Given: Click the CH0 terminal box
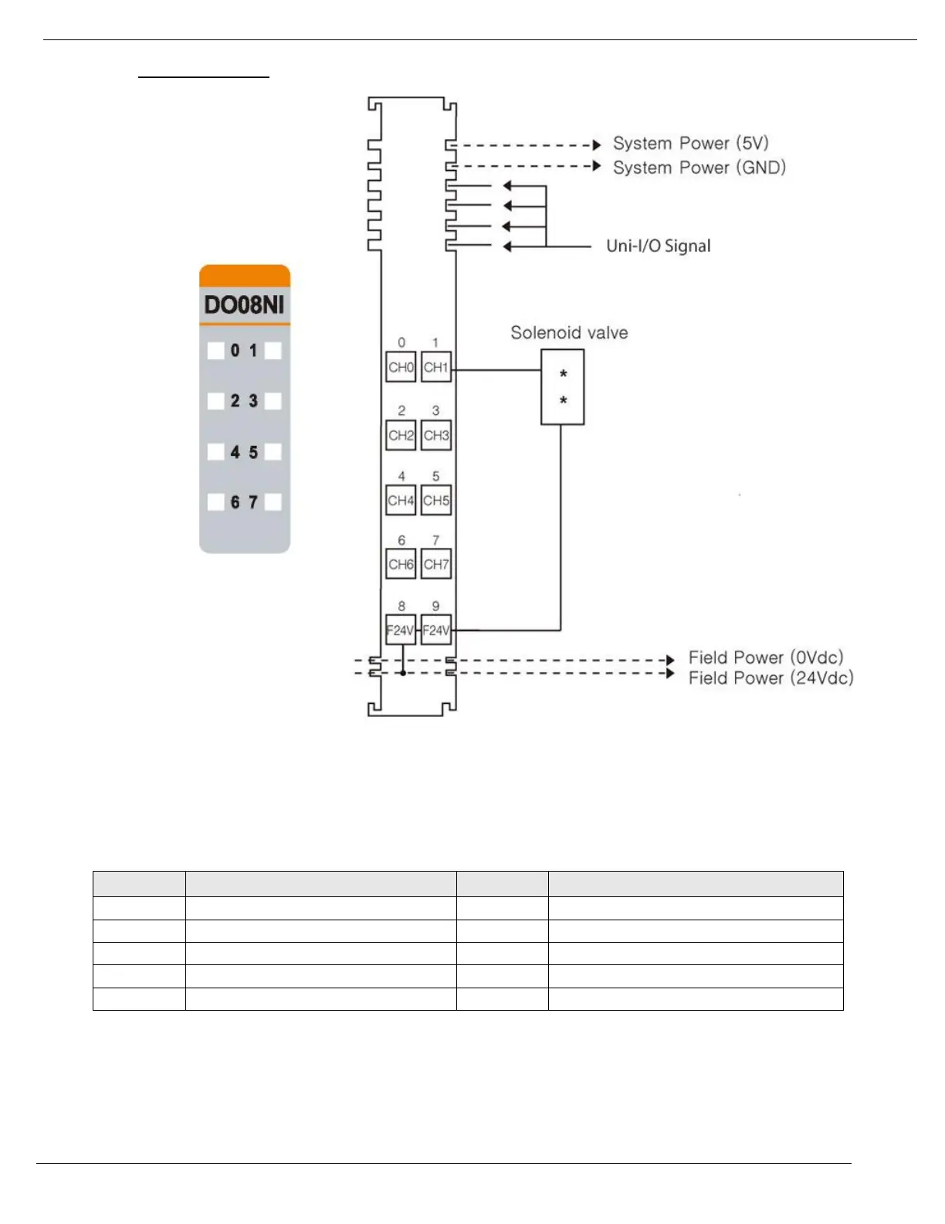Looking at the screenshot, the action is [x=401, y=368].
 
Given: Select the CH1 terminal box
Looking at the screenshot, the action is [x=436, y=368].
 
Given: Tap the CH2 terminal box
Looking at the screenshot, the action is [x=401, y=435].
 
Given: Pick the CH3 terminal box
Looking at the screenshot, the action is [x=436, y=435].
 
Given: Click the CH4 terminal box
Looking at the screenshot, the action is [x=401, y=501].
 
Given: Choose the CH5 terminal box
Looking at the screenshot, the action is [x=436, y=501].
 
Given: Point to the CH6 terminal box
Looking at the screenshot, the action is [x=401, y=564].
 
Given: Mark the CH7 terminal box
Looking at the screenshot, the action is [x=436, y=564].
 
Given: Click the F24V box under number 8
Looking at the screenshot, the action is [x=401, y=631].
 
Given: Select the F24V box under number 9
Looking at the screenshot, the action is [x=436, y=631].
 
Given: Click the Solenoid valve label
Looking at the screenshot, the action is [x=569, y=333].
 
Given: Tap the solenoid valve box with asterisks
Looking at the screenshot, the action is [x=563, y=387].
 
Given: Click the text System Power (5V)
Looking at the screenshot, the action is [x=690, y=144].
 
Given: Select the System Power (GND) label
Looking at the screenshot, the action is [x=699, y=168].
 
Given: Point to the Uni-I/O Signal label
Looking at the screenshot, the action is [x=658, y=246].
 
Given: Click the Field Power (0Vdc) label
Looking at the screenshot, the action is [x=765, y=658].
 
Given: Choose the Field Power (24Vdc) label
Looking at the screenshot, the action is [x=771, y=678].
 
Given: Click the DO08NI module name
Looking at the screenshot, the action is [x=244, y=305].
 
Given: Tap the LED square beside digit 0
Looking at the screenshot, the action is [x=216, y=351].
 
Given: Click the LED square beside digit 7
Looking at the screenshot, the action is [x=273, y=502].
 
